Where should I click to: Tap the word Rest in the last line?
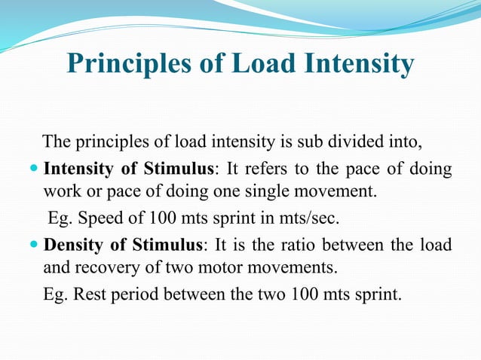[87, 294]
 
